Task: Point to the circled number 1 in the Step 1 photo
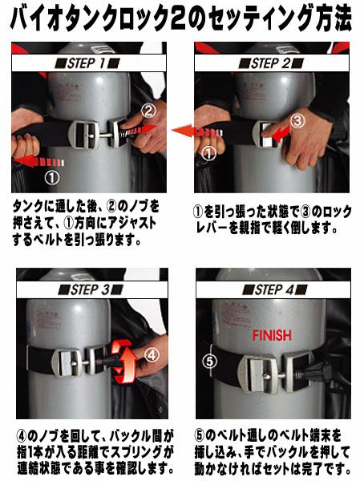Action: point(52,176)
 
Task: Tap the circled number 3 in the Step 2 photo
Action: point(297,121)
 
